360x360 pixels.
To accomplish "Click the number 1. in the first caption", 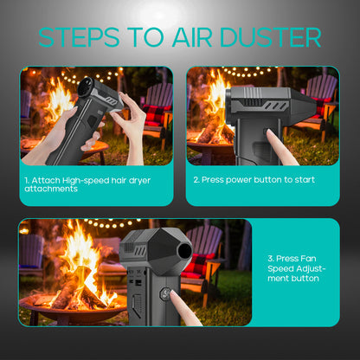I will click(x=28, y=180).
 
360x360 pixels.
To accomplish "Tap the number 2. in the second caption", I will click(x=196, y=180).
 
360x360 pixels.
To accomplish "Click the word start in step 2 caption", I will click(x=302, y=180).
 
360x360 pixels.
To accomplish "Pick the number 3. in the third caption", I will click(x=270, y=258).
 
